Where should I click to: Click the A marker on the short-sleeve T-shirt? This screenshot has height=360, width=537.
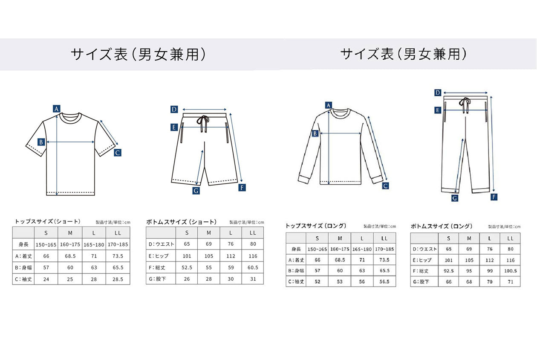click(x=57, y=109)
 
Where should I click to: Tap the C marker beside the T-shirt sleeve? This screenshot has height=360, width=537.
click(x=118, y=153)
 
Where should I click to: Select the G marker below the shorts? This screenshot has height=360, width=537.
click(x=196, y=191)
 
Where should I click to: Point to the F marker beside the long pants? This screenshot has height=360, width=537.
click(x=494, y=197)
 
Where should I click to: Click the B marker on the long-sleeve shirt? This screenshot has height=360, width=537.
click(x=315, y=134)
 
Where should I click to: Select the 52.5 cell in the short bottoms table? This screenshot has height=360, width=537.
click(x=187, y=267)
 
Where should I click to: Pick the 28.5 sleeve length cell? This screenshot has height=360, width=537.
click(x=118, y=279)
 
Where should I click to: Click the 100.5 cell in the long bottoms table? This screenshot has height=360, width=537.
click(x=511, y=271)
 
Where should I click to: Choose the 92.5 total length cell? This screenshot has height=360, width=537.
click(x=448, y=271)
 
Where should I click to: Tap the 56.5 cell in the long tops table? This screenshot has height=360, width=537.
click(x=384, y=282)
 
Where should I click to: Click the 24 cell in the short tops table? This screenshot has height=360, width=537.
click(x=46, y=279)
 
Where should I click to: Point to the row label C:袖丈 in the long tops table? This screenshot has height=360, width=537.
click(x=296, y=282)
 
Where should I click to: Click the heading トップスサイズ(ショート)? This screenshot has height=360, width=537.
click(x=47, y=221)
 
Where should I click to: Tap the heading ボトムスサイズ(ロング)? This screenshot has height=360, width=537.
click(x=442, y=226)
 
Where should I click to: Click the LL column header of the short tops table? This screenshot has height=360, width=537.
click(x=118, y=233)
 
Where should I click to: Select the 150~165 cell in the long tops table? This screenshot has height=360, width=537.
click(x=317, y=249)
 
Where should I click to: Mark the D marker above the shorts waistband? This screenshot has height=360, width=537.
click(x=174, y=110)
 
